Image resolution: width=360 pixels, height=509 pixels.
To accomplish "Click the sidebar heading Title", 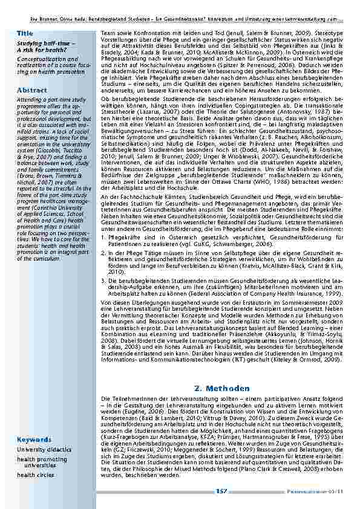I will (x=25, y=31).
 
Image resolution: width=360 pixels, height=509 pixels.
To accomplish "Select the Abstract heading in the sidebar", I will (x=32, y=89).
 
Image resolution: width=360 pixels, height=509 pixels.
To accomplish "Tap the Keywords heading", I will (x=34, y=439).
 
